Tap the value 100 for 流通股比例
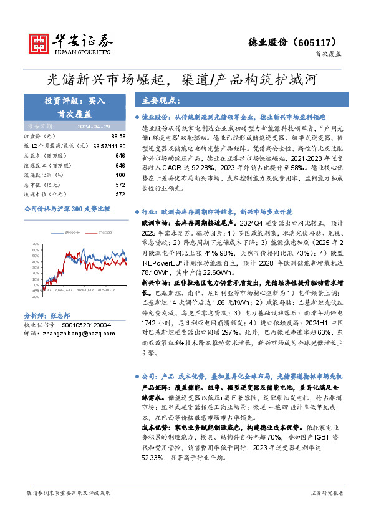[x=121, y=175]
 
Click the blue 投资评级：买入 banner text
[x=75, y=100]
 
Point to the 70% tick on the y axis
[x=36, y=244]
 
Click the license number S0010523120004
[x=85, y=325]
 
